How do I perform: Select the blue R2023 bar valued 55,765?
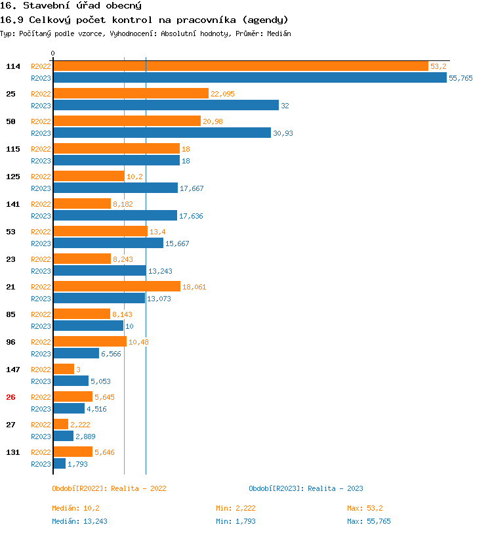250,77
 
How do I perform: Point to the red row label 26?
10,397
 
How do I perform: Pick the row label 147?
13,370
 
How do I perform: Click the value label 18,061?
195,287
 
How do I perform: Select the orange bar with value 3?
63,369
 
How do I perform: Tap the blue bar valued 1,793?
59,463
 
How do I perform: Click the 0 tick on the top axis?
53,53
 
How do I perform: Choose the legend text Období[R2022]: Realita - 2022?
109,488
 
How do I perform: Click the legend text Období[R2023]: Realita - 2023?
306,488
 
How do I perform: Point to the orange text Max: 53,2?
365,508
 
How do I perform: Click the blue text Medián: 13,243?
79,521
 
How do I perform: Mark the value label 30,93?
283,133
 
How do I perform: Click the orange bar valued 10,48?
90,341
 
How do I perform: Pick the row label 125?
13,177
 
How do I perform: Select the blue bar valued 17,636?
115,215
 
